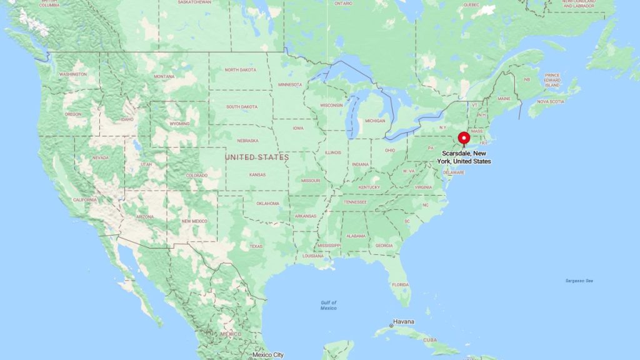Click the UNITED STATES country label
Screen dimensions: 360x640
257,157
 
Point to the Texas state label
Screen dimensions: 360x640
256,246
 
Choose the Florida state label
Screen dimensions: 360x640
400,284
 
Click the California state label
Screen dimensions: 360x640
84,199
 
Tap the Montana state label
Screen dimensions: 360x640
164,76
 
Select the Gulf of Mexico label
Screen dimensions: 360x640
329,305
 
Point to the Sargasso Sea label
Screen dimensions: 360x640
579,281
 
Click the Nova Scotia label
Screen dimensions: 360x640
551,101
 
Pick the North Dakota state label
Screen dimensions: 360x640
240,69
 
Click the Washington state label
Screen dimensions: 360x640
73,74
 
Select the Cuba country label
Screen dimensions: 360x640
430,340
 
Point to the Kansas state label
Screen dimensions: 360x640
257,174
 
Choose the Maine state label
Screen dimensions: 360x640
504,98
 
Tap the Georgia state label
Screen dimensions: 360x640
384,246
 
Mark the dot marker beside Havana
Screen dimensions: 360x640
391,326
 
